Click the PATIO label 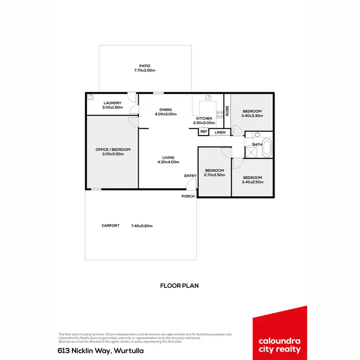point(145,65)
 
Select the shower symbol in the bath point(252,152)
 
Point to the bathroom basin point(257,135)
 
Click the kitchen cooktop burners point(219,114)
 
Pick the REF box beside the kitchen point(204,132)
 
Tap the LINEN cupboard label point(220,132)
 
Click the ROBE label point(227,110)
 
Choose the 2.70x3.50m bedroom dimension point(215,176)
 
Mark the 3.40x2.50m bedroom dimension point(252,182)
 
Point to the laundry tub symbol point(90,96)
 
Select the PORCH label point(188,196)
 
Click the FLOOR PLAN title point(180,285)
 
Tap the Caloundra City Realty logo point(279,333)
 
